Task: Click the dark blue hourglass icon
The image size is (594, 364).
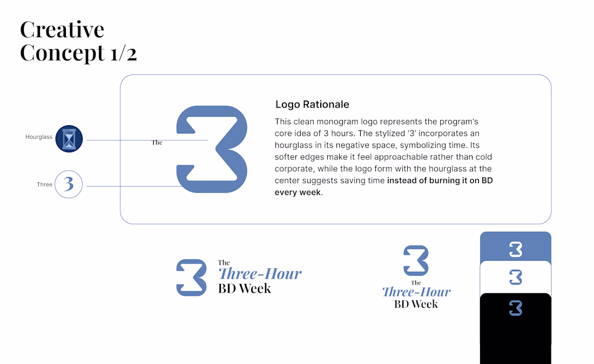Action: pyautogui.click(x=69, y=139)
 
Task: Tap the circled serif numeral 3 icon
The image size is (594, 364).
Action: pyautogui.click(x=69, y=185)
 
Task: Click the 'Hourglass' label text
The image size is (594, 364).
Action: pyautogui.click(x=39, y=137)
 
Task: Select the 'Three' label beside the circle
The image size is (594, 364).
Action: pyautogui.click(x=44, y=185)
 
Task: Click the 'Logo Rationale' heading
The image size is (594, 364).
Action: pyautogui.click(x=312, y=105)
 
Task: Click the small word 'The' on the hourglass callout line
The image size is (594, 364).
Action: pyautogui.click(x=157, y=143)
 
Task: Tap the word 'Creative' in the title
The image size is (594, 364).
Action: pyautogui.click(x=62, y=30)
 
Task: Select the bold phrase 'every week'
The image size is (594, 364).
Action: pyautogui.click(x=298, y=192)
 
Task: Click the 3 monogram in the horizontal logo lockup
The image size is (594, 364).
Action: pyautogui.click(x=191, y=278)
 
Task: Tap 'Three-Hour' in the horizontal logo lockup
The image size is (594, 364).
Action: pyautogui.click(x=260, y=273)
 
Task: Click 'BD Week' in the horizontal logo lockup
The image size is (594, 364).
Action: pyautogui.click(x=244, y=288)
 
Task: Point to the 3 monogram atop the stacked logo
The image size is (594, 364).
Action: pyautogui.click(x=416, y=261)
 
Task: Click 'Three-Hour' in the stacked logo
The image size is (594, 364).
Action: pyautogui.click(x=416, y=292)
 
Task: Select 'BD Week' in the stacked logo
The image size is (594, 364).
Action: pyautogui.click(x=416, y=304)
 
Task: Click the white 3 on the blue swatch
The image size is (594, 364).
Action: pyautogui.click(x=516, y=249)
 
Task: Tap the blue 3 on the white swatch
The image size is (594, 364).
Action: pyautogui.click(x=516, y=277)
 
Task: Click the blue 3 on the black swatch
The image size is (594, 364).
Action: pyautogui.click(x=516, y=308)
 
